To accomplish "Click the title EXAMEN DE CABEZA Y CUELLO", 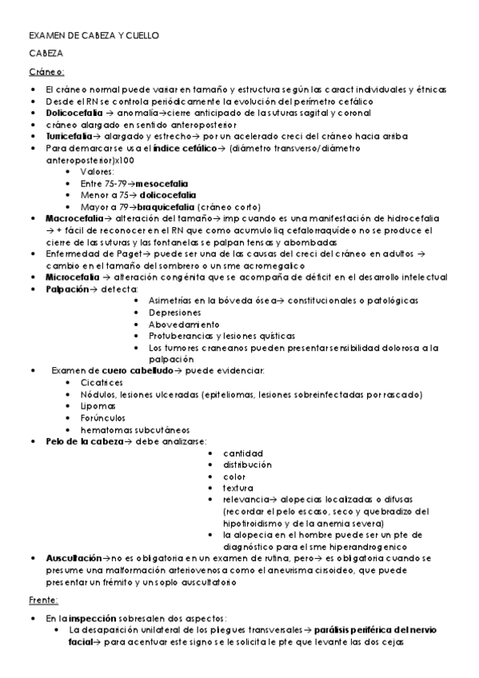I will coord(94,36).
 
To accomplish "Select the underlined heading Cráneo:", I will coord(47,72).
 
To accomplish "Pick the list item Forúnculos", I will coord(102,417).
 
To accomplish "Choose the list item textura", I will coord(238,488).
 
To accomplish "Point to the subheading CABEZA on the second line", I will coord(46,54).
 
